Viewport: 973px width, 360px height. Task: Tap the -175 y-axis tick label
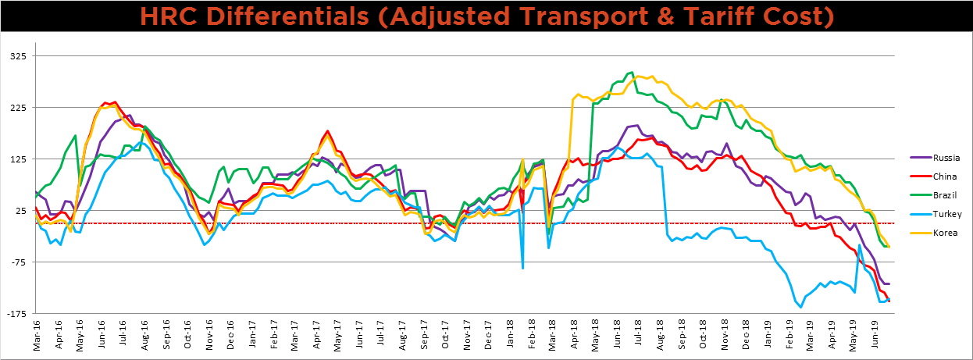click(15, 314)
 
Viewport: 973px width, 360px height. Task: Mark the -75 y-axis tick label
click(16, 262)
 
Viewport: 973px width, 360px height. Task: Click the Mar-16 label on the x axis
click(37, 335)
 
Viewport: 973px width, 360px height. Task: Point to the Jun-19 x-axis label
click(878, 335)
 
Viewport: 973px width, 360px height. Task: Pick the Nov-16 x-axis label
click(210, 335)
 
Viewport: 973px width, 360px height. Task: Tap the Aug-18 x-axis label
click(660, 335)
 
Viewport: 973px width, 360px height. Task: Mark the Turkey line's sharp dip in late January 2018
click(522, 268)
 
